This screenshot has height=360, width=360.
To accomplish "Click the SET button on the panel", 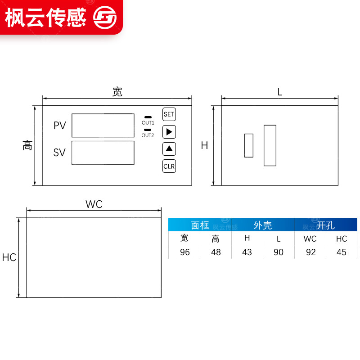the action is [169, 114].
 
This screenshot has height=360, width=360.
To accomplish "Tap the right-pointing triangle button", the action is [169, 132].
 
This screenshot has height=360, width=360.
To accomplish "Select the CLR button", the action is [169, 166].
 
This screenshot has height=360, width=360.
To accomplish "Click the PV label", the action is [60, 126].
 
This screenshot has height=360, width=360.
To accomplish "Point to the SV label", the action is [59, 153].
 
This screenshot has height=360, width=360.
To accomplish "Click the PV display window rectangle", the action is [103, 125].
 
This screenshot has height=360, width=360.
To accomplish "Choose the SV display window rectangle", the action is [103, 153].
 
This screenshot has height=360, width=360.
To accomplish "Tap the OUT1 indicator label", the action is [148, 123].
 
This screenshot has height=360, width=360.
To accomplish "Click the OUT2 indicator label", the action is [148, 135].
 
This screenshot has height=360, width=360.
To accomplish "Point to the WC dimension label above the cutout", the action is [94, 204].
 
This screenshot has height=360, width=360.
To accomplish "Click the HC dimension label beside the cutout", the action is [9, 258].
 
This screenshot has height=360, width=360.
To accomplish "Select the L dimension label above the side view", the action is [279, 92].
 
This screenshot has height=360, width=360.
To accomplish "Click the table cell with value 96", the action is [184, 252].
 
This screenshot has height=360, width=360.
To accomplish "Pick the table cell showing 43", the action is [247, 252].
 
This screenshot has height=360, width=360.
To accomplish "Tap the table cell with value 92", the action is [310, 252].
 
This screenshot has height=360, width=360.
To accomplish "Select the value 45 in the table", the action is [342, 252].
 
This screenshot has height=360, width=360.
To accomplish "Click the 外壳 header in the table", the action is [263, 225].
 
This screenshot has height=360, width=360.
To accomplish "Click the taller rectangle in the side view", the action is [270, 145].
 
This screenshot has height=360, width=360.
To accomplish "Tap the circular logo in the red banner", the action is [104, 18].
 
